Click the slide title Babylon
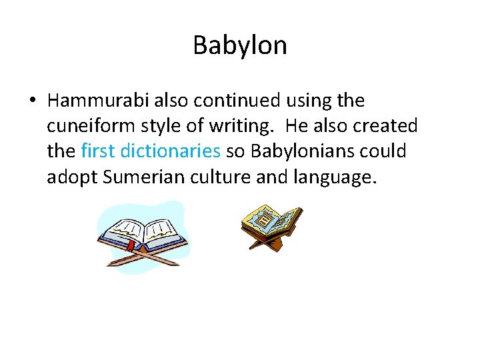point(240,45)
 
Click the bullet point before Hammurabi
point(32,101)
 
